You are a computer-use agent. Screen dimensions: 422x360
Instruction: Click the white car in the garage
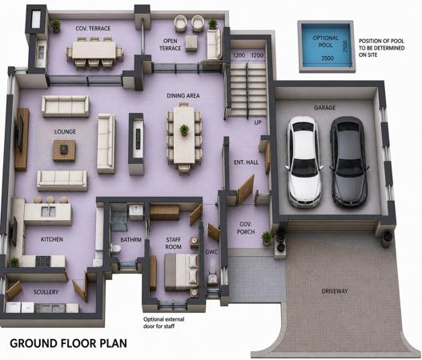(x=304, y=162)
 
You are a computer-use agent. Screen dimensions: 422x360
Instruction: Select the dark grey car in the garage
(x=349, y=162)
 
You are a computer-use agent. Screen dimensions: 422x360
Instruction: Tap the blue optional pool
(x=327, y=46)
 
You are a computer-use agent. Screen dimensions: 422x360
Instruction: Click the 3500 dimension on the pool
(x=328, y=58)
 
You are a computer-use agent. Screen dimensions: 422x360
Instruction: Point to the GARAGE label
(x=324, y=107)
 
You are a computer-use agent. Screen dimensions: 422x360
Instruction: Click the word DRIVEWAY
(x=335, y=291)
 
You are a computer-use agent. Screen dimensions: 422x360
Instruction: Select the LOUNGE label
(x=65, y=132)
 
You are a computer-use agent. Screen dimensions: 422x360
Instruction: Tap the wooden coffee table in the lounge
(x=64, y=150)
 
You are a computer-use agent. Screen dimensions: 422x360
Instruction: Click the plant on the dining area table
(x=184, y=130)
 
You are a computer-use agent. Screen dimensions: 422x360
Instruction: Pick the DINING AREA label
(x=183, y=95)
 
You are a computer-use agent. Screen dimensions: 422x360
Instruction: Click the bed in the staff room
(x=181, y=271)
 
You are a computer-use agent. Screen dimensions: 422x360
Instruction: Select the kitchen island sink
(x=48, y=211)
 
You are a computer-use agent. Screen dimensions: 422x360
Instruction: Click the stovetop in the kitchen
(x=43, y=261)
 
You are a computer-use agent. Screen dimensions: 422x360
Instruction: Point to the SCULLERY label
(x=46, y=292)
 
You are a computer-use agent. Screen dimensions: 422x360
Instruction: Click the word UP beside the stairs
(x=258, y=122)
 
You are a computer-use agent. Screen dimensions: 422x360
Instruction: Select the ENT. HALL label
(x=246, y=162)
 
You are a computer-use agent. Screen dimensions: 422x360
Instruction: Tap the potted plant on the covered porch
(x=267, y=238)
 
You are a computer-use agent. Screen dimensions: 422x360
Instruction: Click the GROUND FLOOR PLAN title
(x=68, y=343)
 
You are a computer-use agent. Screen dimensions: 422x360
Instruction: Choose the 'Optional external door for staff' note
(x=163, y=322)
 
